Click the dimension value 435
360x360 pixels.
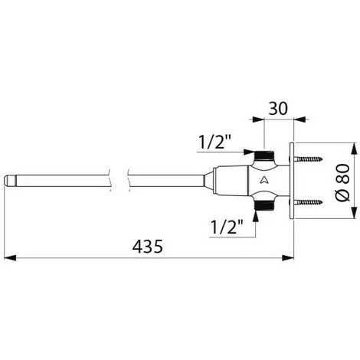148,247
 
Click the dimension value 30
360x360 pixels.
278,108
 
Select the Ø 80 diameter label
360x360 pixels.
342,182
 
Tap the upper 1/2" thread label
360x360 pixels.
214,142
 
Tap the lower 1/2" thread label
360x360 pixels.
227,227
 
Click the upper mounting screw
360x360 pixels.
307,159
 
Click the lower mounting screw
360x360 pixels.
307,202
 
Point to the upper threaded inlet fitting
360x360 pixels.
264,155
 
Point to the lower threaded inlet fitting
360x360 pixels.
264,205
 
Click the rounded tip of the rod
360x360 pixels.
10,181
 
